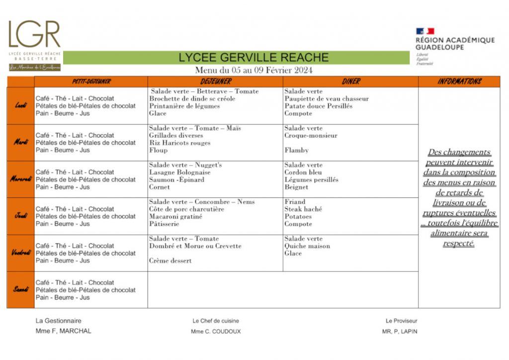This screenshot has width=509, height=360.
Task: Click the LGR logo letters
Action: (34, 34)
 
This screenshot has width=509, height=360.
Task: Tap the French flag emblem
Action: (425, 31)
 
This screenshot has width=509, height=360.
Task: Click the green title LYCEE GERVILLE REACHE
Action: (254, 57)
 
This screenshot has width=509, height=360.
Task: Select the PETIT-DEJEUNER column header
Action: (91, 82)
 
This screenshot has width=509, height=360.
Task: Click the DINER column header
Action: (351, 82)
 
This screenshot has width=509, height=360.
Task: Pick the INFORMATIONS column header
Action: (459, 82)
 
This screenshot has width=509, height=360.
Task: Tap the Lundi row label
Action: (21, 106)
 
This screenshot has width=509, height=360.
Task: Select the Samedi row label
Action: (21, 290)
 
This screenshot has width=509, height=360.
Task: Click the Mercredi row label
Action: (21, 180)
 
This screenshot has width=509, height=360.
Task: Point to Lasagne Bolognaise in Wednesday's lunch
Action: (180, 172)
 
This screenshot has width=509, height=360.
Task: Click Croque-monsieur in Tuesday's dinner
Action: (311, 135)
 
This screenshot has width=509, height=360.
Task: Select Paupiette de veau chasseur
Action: (327, 98)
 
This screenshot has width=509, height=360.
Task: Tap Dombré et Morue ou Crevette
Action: (195, 246)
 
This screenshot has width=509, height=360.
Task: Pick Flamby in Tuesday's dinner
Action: (297, 150)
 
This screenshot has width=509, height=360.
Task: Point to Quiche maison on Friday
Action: (307, 246)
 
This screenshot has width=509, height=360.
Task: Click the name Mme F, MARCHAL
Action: (64, 331)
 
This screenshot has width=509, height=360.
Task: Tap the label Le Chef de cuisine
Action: (216, 321)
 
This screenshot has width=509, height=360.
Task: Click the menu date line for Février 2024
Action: (254, 70)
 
